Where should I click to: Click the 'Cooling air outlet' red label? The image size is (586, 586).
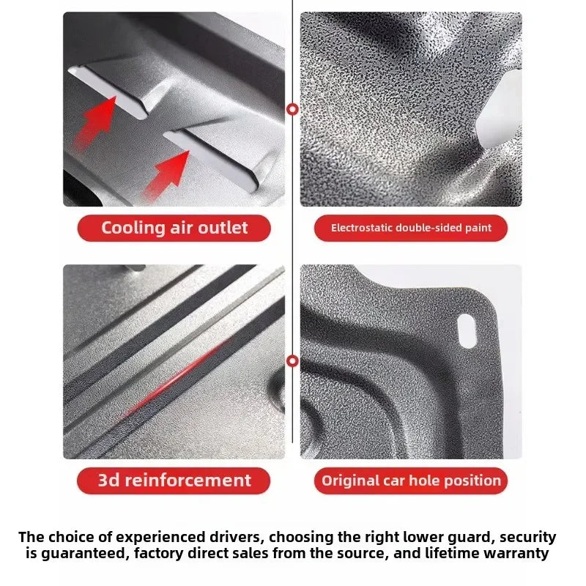(x=174, y=228)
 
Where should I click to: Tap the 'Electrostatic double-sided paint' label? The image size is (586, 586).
(x=411, y=228)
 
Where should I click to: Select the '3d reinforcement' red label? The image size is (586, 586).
(x=174, y=481)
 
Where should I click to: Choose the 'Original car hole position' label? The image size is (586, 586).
(x=411, y=481)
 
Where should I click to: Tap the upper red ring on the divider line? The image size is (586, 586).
(x=293, y=109)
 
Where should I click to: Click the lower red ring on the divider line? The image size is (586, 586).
(x=293, y=361)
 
